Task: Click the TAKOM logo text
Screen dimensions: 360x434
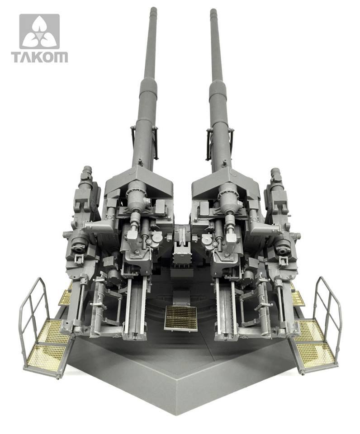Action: pos(39,57)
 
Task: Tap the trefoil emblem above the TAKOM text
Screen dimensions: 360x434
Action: pos(39,32)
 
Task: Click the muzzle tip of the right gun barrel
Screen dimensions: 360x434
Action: pos(213,10)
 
